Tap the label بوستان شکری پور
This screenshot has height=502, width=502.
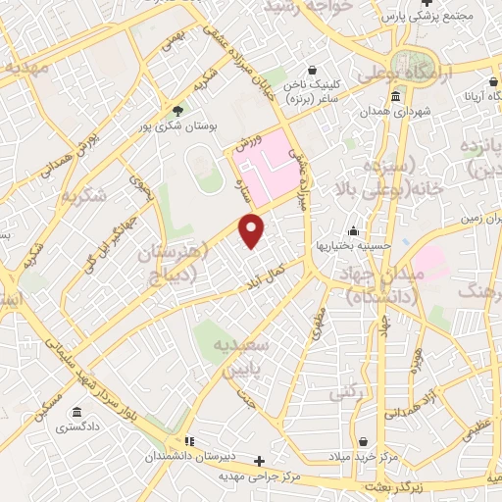[x=177, y=125]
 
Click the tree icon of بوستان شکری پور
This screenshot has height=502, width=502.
[x=177, y=110]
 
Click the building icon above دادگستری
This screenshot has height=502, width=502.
[x=76, y=412]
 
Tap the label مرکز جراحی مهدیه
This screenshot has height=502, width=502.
[x=259, y=477]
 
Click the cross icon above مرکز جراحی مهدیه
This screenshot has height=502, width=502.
[x=259, y=461]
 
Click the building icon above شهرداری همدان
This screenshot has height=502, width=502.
[x=395, y=96]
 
